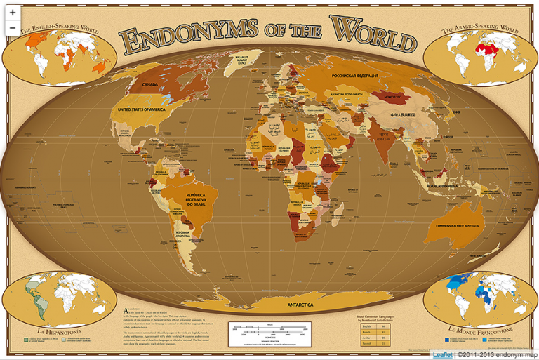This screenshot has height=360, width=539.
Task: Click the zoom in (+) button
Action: click(x=13, y=13)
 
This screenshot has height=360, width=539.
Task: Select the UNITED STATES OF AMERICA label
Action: click(x=146, y=110)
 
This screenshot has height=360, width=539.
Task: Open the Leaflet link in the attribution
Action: click(x=442, y=354)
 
